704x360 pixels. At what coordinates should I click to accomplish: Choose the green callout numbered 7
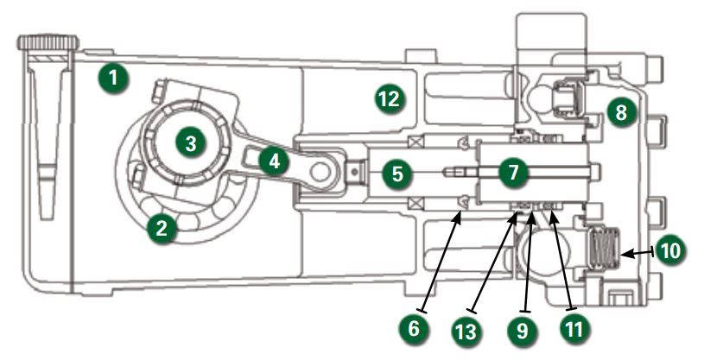click(x=514, y=172)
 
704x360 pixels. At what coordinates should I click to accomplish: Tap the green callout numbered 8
click(x=621, y=111)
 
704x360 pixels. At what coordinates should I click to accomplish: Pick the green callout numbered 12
click(x=390, y=98)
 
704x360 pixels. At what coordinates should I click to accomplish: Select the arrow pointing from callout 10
click(x=637, y=253)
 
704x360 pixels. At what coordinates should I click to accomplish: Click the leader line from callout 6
click(x=441, y=264)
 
